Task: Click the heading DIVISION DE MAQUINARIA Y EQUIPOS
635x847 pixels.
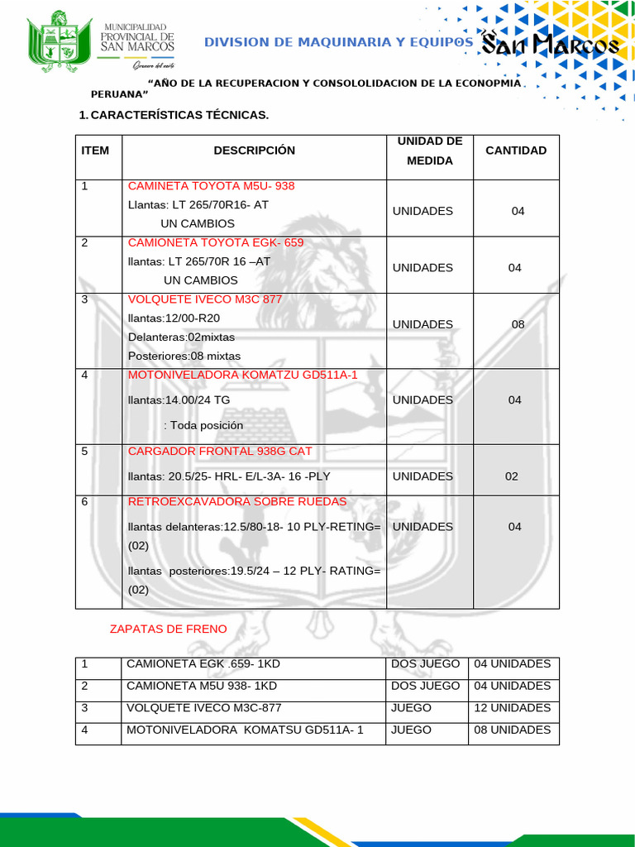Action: click(x=338, y=43)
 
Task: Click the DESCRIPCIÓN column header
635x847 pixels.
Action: click(x=254, y=151)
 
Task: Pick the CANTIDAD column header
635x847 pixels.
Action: click(x=516, y=151)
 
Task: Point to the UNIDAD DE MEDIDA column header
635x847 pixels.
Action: click(x=430, y=151)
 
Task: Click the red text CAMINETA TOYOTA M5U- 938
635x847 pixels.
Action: click(x=211, y=186)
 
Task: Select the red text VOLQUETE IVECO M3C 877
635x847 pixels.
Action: click(x=205, y=299)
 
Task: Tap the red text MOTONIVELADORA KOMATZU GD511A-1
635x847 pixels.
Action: click(x=242, y=375)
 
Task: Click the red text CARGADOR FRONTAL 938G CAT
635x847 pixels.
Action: click(x=220, y=452)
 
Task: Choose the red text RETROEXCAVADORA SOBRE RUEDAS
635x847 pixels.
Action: click(x=237, y=502)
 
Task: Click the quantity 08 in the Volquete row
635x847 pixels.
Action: click(x=518, y=324)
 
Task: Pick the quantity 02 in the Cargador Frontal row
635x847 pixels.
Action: click(x=512, y=476)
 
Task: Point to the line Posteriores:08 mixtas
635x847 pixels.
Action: click(x=184, y=356)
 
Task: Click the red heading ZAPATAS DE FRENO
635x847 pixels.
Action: click(x=168, y=629)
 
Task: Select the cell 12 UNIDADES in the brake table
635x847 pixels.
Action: click(x=512, y=708)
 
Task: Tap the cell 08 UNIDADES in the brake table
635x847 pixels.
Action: click(x=512, y=730)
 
